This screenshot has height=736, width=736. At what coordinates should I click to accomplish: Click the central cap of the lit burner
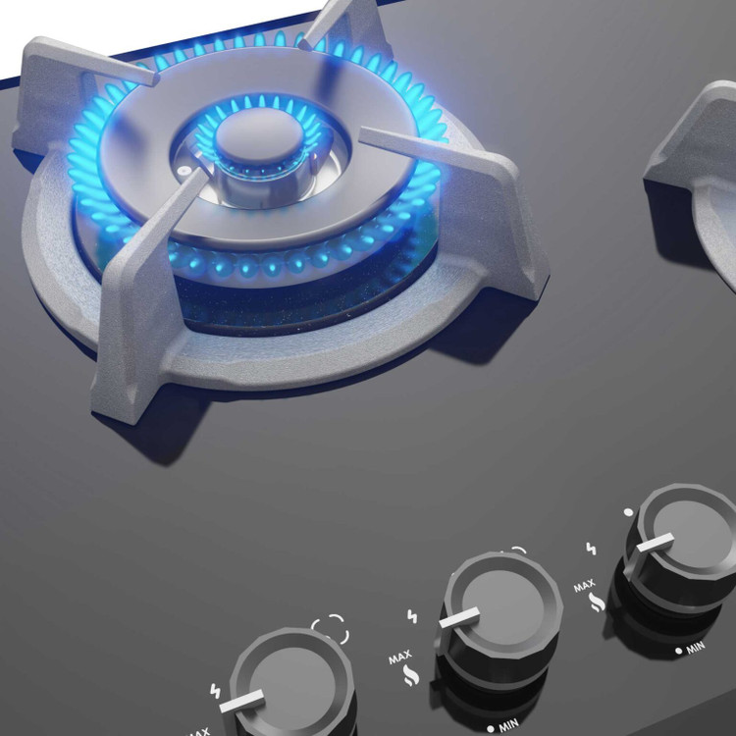click(x=260, y=135)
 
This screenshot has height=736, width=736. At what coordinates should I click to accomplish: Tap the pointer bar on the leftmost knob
click(x=241, y=701)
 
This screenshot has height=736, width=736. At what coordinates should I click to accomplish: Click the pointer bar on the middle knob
click(x=459, y=616)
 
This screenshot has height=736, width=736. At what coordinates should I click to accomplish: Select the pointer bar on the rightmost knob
click(x=656, y=542)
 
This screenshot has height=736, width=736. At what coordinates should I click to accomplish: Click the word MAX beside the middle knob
click(x=400, y=657)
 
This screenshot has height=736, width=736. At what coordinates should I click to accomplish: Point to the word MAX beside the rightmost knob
click(x=585, y=586)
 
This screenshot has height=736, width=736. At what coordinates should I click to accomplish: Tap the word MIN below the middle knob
click(x=508, y=725)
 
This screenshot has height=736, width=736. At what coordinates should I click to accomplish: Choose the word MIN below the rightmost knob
click(x=696, y=649)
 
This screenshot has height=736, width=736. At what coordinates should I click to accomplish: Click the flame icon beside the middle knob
click(x=411, y=676)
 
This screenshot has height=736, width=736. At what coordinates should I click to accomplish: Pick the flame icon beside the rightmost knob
click(x=597, y=603)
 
